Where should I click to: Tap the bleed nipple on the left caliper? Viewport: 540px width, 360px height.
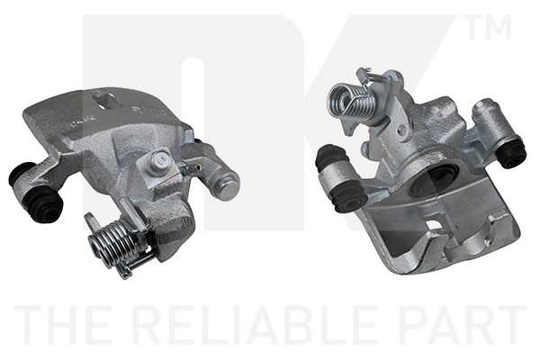pos(193,167)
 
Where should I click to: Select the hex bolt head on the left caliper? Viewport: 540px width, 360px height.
pos(160,161)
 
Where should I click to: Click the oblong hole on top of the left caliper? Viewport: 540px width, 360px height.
pos(107,101)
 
